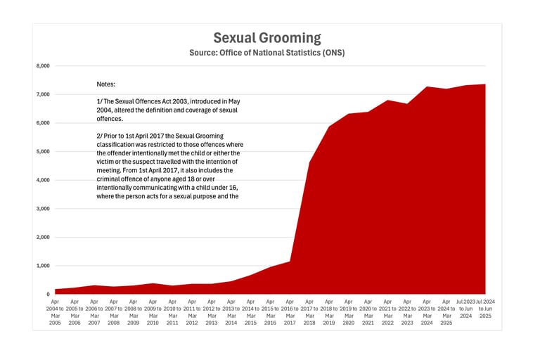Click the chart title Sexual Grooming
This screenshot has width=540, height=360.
pyautogui.click(x=266, y=38)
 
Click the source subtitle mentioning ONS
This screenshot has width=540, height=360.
pyautogui.click(x=266, y=53)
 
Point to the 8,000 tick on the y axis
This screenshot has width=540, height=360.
pyautogui.click(x=43, y=66)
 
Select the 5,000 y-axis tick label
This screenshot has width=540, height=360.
pyautogui.click(x=43, y=152)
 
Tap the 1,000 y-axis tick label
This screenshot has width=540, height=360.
pyautogui.click(x=43, y=266)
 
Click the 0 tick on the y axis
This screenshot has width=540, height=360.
pyautogui.click(x=48, y=295)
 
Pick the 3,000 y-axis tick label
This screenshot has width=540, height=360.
pyautogui.click(x=43, y=209)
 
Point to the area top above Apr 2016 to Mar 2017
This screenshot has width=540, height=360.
pyautogui.click(x=290, y=262)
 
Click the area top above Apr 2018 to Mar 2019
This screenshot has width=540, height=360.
pyautogui.click(x=329, y=127)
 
